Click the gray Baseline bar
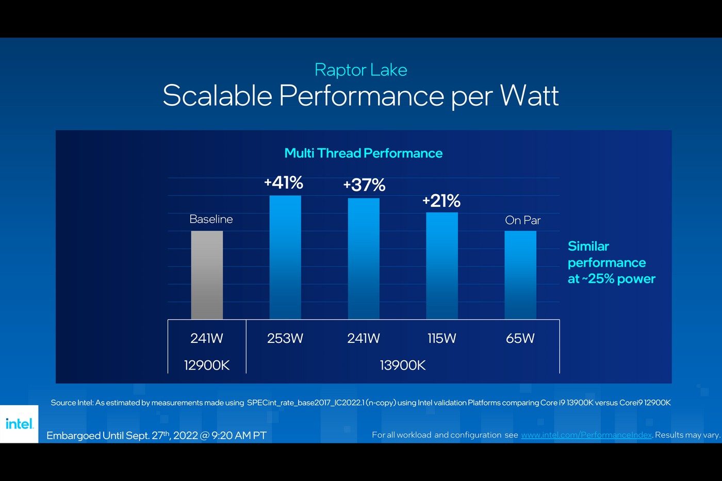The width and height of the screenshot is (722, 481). (x=207, y=275)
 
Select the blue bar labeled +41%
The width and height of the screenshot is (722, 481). (x=285, y=257)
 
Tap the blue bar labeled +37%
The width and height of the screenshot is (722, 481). (x=364, y=258)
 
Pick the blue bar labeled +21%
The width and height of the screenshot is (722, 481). (x=442, y=266)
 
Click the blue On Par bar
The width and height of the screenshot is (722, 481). (x=520, y=275)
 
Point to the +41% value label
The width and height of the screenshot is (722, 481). (x=284, y=183)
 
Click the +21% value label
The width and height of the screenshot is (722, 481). (x=441, y=201)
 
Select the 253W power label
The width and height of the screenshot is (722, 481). (x=285, y=338)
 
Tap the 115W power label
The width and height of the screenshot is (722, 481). (x=442, y=338)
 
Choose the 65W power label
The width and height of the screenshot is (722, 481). (x=520, y=338)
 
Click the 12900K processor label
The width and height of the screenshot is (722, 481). (x=207, y=366)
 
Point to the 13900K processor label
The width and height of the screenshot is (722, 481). (x=403, y=366)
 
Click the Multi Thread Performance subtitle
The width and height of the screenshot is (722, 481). (x=363, y=153)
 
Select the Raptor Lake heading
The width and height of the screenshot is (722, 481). (x=360, y=70)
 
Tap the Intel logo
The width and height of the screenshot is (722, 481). (x=20, y=424)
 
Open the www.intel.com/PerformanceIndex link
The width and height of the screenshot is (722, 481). (x=586, y=435)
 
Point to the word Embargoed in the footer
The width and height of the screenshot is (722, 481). (x=73, y=436)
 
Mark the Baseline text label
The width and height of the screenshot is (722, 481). (x=211, y=219)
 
